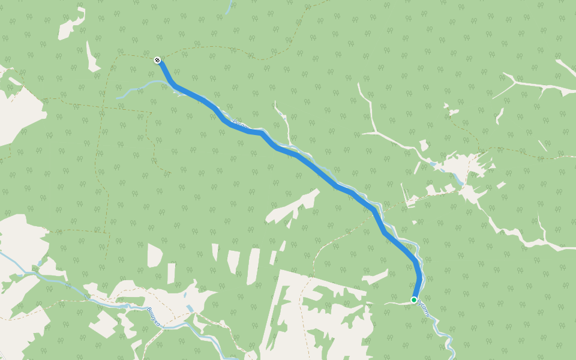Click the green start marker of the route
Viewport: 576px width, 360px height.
tap(414, 299)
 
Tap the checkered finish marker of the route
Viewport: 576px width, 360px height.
tap(157, 60)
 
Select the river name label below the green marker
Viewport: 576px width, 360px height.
tap(424, 308)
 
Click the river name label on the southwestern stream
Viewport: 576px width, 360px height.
tap(155, 317)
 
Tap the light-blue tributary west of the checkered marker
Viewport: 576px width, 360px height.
tap(135, 90)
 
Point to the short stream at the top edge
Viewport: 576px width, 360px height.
tap(229, 7)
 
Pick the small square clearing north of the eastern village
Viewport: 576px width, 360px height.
tap(424, 145)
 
